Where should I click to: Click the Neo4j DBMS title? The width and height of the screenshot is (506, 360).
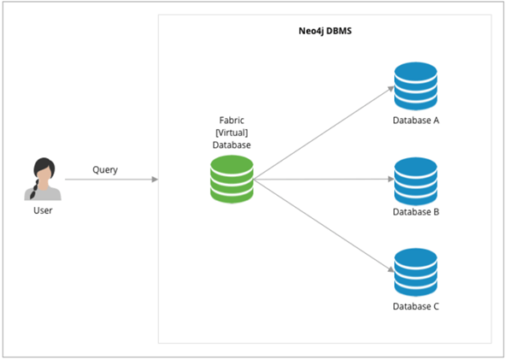click(x=325, y=31)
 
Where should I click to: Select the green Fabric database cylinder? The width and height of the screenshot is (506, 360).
click(x=232, y=180)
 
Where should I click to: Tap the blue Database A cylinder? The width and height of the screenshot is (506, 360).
click(x=415, y=86)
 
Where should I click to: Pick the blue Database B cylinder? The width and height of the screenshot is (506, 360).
click(x=415, y=181)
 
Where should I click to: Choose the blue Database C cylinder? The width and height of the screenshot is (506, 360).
click(x=415, y=272)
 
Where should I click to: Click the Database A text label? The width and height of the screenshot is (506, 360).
click(x=415, y=121)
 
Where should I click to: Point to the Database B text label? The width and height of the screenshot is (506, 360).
click(x=415, y=212)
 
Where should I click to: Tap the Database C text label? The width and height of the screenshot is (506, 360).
click(x=415, y=306)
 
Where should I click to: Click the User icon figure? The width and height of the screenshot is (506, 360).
click(x=43, y=179)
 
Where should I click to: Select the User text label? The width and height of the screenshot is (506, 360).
click(x=43, y=210)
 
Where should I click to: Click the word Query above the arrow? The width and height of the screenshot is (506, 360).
click(x=105, y=170)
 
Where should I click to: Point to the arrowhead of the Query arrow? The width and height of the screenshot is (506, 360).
click(x=155, y=180)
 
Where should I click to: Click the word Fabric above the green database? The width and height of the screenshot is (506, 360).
click(x=232, y=120)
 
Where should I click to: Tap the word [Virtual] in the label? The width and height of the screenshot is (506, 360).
click(x=232, y=133)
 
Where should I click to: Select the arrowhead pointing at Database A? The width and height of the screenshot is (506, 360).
click(x=391, y=88)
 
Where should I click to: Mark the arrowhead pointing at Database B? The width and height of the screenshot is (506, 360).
click(x=391, y=179)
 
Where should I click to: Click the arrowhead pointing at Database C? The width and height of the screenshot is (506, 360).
click(x=391, y=269)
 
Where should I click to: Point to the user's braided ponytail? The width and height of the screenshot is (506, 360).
click(x=34, y=190)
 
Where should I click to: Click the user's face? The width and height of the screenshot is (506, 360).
click(x=44, y=174)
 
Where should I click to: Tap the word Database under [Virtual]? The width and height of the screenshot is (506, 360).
click(x=232, y=145)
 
